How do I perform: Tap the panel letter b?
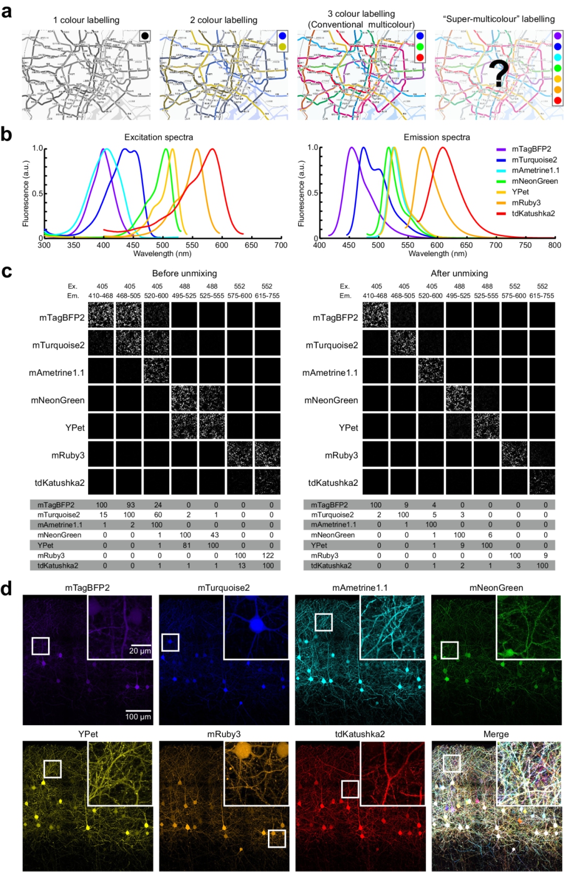click(6, 134)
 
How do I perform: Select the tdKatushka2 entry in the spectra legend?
click(533, 213)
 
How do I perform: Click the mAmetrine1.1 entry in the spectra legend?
click(535, 170)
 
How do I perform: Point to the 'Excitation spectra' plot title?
click(158, 137)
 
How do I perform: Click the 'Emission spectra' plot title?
click(437, 137)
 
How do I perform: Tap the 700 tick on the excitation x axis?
click(281, 245)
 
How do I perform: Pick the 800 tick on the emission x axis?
click(555, 245)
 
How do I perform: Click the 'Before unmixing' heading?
click(184, 273)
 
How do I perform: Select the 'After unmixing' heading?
click(459, 273)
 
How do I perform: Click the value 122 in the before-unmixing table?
click(268, 555)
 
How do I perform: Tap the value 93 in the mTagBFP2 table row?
click(131, 505)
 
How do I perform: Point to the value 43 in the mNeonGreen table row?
click(214, 535)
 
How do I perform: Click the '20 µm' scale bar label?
click(140, 651)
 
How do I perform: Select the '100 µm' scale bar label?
click(138, 717)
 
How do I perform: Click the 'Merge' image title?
click(496, 734)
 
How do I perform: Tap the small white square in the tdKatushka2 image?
click(350, 789)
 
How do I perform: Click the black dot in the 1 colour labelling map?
click(145, 36)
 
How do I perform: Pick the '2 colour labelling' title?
click(224, 20)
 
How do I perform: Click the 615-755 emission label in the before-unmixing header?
click(267, 296)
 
